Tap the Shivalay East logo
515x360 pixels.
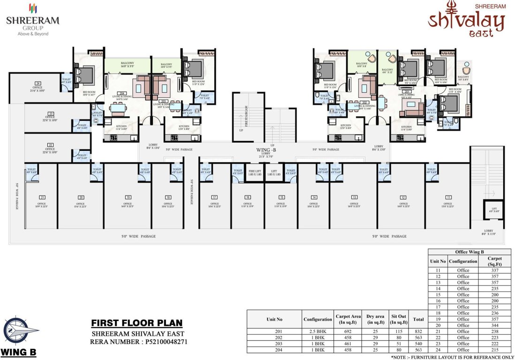(x=466, y=21)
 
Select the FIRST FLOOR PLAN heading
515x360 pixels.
(x=136, y=323)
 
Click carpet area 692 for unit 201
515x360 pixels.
(x=348, y=331)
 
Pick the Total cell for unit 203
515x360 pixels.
(x=417, y=343)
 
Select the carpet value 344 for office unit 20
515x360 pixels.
(x=494, y=325)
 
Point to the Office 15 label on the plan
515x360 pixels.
(x=281, y=202)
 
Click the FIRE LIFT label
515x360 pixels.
(x=255, y=172)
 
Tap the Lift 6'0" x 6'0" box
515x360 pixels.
(x=494, y=210)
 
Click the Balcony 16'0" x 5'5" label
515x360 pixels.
(x=128, y=65)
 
